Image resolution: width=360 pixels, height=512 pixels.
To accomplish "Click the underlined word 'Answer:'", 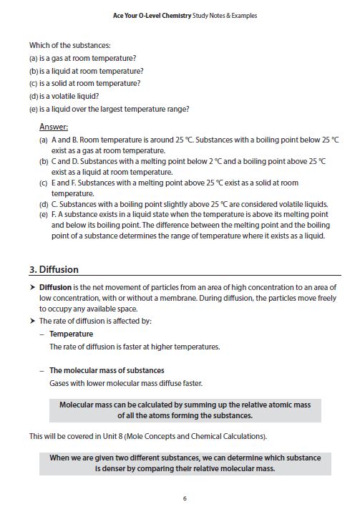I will [x=54, y=127].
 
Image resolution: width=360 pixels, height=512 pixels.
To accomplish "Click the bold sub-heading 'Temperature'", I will [x=71, y=334].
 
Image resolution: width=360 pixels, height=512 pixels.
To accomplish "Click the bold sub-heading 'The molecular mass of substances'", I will [x=107, y=370].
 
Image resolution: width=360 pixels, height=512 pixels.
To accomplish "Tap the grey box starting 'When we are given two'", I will [x=185, y=463].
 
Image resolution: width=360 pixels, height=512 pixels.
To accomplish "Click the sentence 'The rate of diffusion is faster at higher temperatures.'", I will [x=135, y=347].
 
